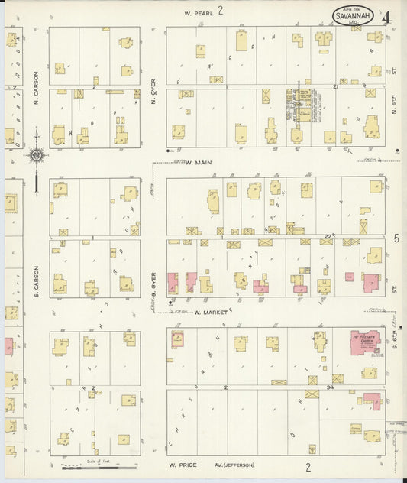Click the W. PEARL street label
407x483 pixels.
click(x=198, y=13)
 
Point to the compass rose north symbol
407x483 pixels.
click(x=36, y=155)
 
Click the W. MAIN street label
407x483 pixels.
click(x=198, y=162)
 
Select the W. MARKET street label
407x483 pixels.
click(x=206, y=312)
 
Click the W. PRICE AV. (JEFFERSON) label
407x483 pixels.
click(x=212, y=465)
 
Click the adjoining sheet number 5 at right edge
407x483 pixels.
click(x=396, y=238)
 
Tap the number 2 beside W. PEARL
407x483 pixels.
click(x=220, y=11)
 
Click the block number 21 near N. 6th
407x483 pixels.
click(x=336, y=87)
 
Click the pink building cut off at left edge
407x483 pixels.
click(x=8, y=345)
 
